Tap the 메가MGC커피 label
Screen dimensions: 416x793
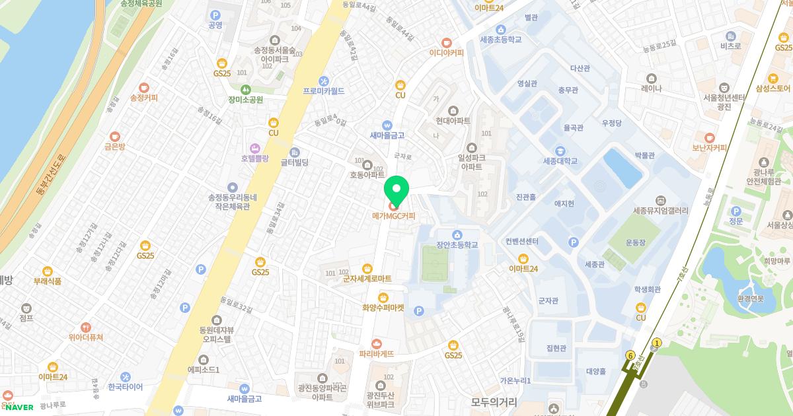(x=394, y=216)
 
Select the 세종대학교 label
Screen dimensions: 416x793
(x=560, y=160)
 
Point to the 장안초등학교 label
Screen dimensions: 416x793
(x=457, y=244)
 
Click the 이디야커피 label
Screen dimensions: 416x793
(x=447, y=52)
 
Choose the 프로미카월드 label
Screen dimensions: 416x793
(x=323, y=90)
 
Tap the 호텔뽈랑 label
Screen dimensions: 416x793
(x=255, y=158)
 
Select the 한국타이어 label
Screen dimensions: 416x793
(x=125, y=386)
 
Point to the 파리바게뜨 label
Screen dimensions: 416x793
(x=377, y=353)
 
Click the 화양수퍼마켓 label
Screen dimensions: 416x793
(x=383, y=307)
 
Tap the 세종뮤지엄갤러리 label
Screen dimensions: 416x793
(x=660, y=211)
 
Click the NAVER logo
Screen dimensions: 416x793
(x=19, y=407)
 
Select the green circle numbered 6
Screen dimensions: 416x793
(x=630, y=355)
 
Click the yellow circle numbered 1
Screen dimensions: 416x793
(x=656, y=343)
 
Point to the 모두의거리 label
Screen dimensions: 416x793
(x=494, y=401)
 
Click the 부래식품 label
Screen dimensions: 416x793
(x=48, y=281)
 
